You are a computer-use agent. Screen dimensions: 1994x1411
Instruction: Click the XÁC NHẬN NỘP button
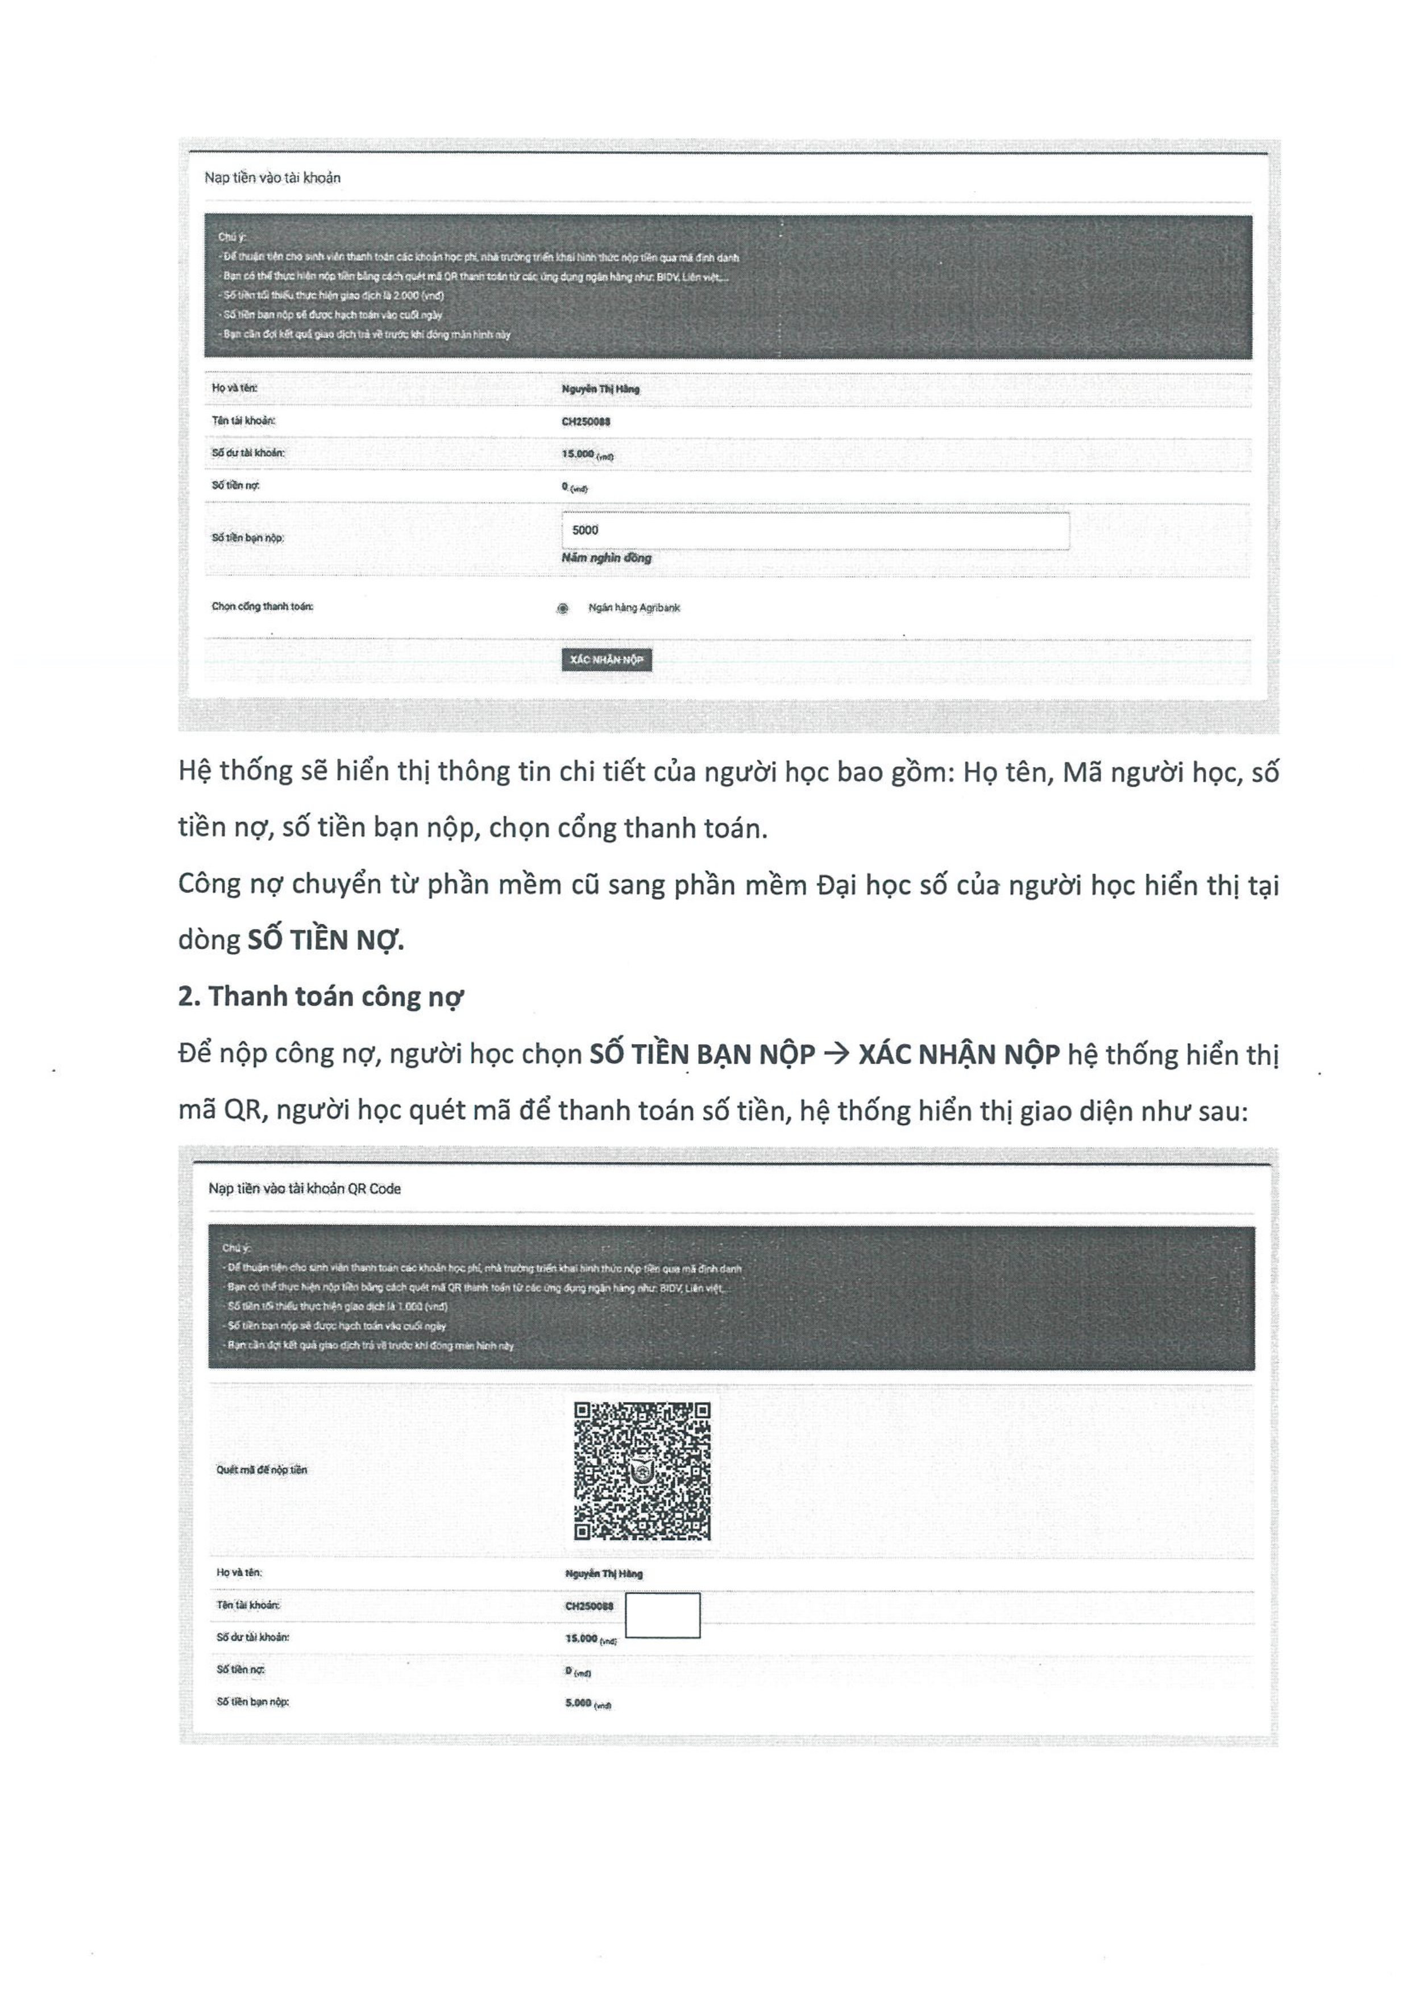point(607,660)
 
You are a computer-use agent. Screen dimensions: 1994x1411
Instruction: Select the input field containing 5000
point(815,531)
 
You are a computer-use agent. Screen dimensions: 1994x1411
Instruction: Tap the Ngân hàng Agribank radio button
point(563,608)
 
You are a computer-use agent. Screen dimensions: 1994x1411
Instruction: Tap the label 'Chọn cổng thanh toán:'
point(263,606)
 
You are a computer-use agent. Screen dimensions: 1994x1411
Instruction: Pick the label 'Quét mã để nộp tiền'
point(262,1470)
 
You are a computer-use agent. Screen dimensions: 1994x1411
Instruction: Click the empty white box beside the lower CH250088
point(662,1615)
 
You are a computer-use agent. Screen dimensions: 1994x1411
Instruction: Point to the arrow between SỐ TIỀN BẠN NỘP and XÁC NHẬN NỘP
point(836,1054)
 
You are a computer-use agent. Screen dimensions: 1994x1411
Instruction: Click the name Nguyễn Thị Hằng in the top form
point(600,389)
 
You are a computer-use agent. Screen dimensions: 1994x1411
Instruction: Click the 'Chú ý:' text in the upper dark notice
point(232,237)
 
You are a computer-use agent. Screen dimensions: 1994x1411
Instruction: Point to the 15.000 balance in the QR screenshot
point(581,1638)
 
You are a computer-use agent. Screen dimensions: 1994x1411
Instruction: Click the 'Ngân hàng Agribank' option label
point(634,608)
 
